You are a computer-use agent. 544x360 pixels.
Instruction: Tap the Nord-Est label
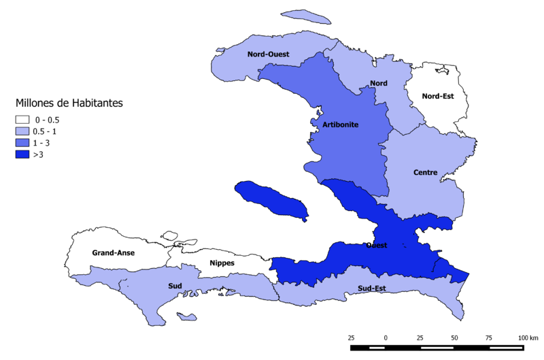(439, 96)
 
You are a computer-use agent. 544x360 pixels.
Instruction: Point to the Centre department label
(425, 172)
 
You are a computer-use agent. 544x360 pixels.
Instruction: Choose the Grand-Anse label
(114, 253)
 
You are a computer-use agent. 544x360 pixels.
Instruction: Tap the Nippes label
(222, 261)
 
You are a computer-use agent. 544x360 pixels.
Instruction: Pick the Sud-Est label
(371, 289)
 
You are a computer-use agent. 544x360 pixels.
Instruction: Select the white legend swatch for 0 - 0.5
(22, 119)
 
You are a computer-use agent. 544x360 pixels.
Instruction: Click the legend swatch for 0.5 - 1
(22, 131)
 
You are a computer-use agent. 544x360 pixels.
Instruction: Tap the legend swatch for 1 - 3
(22, 143)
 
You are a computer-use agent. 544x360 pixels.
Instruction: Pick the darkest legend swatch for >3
(22, 155)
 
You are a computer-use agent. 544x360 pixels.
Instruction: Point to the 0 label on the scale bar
(386, 338)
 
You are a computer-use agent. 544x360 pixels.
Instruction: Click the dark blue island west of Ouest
(271, 200)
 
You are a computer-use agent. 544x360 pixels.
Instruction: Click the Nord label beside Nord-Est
(379, 83)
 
